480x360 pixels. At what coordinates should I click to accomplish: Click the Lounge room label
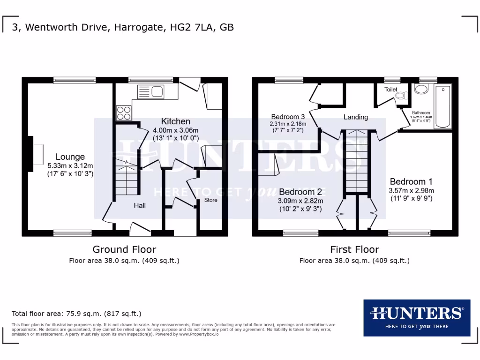point(70,157)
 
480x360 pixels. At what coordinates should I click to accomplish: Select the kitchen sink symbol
point(150,91)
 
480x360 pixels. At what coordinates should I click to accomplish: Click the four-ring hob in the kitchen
point(124,113)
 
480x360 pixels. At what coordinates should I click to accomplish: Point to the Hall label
point(140,205)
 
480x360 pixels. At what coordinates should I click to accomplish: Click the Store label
point(211,200)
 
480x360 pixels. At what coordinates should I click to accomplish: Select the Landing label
point(356,117)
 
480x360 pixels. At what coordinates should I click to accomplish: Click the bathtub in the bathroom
point(442,107)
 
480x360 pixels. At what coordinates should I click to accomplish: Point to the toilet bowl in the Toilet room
point(401,96)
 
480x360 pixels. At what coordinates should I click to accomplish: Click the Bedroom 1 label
point(411,182)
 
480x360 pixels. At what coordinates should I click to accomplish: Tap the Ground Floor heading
point(124,249)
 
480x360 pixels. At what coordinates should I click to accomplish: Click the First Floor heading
point(354,249)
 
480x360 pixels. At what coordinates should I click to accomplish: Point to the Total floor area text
point(76,314)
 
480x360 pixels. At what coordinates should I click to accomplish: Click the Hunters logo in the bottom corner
point(416,317)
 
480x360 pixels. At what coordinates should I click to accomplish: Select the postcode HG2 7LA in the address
point(192,27)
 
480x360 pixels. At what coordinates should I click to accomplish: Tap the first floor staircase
point(356,162)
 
